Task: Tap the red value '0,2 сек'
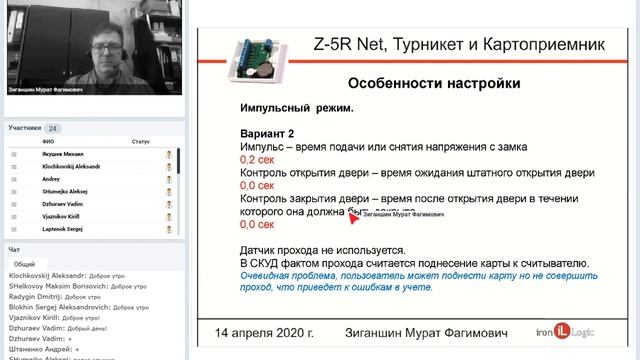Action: (x=257, y=159)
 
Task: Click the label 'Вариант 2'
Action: (x=267, y=133)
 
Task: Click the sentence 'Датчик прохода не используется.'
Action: (x=322, y=250)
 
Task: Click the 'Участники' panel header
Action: (x=25, y=128)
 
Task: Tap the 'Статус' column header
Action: (x=140, y=141)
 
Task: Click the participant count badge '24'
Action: (x=53, y=128)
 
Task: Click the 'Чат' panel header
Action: (x=14, y=249)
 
